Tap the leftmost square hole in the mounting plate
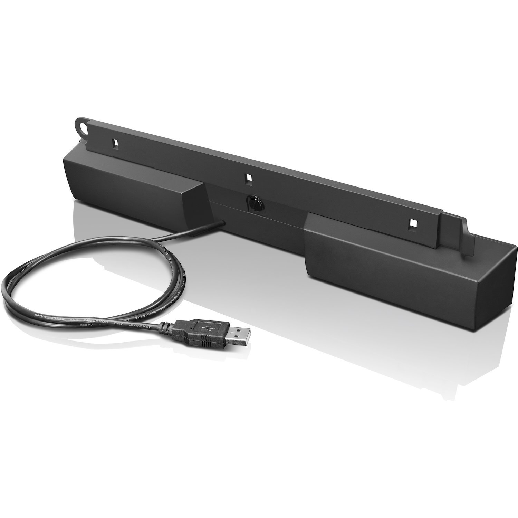click(115, 142)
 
